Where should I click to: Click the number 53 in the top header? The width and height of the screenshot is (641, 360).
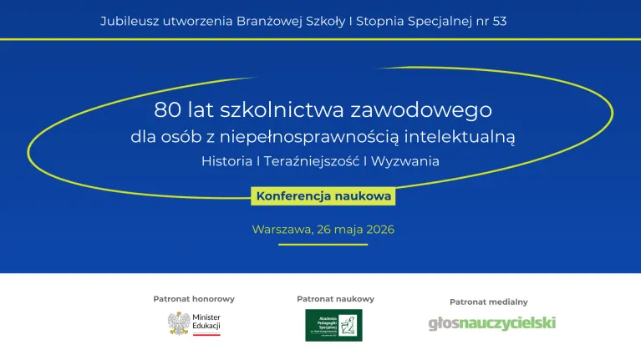(499, 21)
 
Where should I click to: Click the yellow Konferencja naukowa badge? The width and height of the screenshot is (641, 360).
(322, 196)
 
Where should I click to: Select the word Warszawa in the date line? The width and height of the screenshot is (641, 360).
(281, 229)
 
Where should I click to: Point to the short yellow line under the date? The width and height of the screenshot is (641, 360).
(323, 245)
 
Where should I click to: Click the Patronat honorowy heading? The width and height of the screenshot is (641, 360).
(194, 298)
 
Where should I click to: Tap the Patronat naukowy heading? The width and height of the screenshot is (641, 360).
(335, 298)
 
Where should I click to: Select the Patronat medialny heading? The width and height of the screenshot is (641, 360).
(488, 302)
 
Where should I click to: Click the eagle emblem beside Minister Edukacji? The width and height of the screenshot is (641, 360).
(178, 323)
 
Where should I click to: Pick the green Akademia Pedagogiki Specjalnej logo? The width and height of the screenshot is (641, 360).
(333, 325)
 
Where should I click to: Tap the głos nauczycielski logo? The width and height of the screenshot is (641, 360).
(491, 323)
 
